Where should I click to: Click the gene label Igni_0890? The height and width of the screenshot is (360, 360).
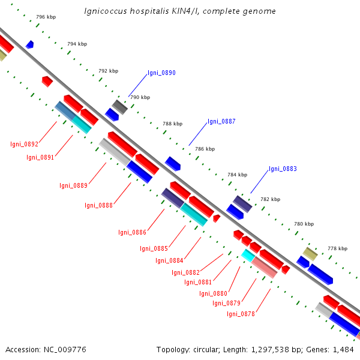click(161, 73)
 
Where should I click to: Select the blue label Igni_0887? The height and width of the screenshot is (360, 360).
click(221, 121)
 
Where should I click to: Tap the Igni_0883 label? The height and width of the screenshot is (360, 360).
click(283, 169)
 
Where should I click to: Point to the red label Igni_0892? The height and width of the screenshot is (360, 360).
click(24, 144)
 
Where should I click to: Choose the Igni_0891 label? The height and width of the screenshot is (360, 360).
click(40, 157)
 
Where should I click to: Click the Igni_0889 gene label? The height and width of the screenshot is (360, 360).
click(73, 185)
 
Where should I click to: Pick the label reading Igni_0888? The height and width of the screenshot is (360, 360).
click(99, 205)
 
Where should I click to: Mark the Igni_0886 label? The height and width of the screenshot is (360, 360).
click(132, 232)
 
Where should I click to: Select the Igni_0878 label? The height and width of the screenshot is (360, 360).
click(241, 314)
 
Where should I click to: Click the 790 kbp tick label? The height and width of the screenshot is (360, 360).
click(140, 97)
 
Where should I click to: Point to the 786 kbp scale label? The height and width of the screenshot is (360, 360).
click(205, 149)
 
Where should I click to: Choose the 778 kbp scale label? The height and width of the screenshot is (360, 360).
click(337, 248)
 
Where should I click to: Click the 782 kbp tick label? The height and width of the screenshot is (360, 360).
click(270, 199)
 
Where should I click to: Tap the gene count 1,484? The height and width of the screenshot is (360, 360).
click(342, 349)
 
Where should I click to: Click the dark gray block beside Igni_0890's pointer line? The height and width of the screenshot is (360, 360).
click(120, 107)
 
